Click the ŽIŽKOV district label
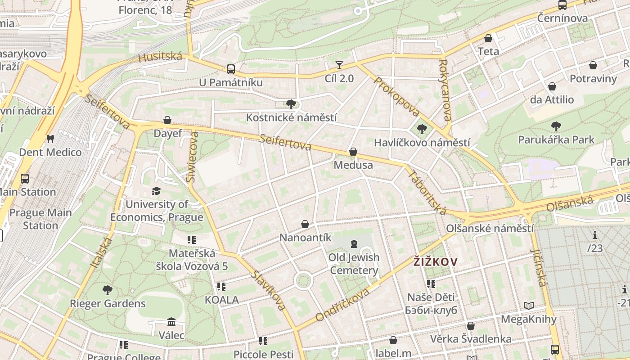(x=436, y=261)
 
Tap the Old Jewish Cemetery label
(x=354, y=264)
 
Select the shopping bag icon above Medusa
(x=353, y=152)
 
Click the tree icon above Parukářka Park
(x=556, y=126)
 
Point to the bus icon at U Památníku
(x=231, y=69)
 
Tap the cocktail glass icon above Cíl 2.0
(x=339, y=66)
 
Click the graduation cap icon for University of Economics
(x=156, y=191)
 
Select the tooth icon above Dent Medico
(x=50, y=139)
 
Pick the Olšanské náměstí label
(x=490, y=228)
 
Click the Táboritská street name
(x=427, y=192)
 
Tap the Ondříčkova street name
(x=342, y=305)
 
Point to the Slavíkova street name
(x=269, y=290)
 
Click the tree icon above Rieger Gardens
(x=107, y=290)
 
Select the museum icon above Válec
(x=171, y=322)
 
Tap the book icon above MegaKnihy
(x=529, y=306)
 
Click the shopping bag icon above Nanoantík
(x=305, y=224)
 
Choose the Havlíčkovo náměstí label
(x=422, y=143)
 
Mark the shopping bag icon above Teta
(x=488, y=39)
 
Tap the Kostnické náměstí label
(x=291, y=117)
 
